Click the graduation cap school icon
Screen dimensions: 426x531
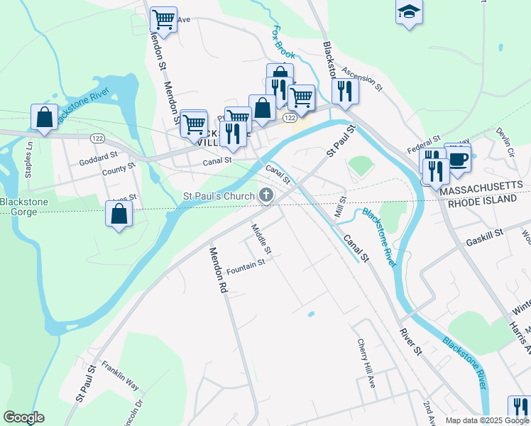pyautogui.click(x=409, y=11)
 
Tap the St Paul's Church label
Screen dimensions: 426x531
pyautogui.click(x=219, y=195)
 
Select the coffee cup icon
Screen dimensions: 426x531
pyautogui.click(x=458, y=158)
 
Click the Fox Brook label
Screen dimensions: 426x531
pyautogui.click(x=285, y=43)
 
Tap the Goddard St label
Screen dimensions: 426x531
pyautogui.click(x=98, y=156)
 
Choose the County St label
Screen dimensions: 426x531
pyautogui.click(x=118, y=170)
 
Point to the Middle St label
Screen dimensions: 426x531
pyautogui.click(x=261, y=239)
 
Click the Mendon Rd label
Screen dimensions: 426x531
pyautogui.click(x=217, y=270)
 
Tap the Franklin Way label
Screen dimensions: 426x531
pyautogui.click(x=120, y=376)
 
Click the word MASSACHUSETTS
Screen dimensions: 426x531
pyautogui.click(x=483, y=192)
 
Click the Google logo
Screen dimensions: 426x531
pyautogui.click(x=23, y=417)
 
